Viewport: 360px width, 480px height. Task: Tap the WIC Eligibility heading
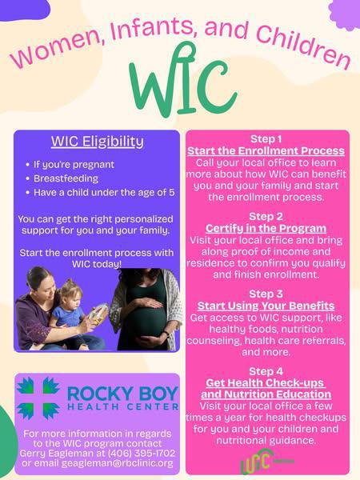98,142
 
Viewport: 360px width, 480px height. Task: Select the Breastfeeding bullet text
66,178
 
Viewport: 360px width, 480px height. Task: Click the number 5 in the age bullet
172,193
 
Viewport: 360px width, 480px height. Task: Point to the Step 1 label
266,139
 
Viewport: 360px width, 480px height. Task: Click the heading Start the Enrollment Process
266,151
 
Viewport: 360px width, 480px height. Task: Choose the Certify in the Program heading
266,228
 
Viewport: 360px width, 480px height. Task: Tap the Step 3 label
266,294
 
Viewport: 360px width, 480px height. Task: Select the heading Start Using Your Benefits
266,306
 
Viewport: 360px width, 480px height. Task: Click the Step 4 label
266,371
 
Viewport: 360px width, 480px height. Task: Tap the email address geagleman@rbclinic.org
118,463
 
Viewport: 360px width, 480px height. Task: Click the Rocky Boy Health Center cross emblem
38,398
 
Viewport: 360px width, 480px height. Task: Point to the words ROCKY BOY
122,394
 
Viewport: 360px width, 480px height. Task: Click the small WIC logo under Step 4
266,461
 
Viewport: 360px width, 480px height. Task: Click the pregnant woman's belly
146,317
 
